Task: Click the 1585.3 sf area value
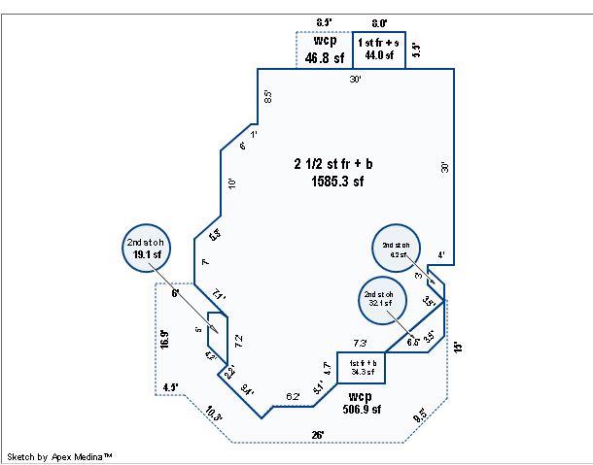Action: pyautogui.click(x=337, y=181)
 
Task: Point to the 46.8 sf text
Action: pyautogui.click(x=325, y=58)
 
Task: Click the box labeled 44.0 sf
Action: pyautogui.click(x=379, y=50)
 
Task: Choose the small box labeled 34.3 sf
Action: pyautogui.click(x=362, y=367)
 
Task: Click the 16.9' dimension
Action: pyautogui.click(x=164, y=339)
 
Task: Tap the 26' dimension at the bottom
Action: pyautogui.click(x=318, y=434)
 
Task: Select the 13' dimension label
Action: pyautogui.click(x=458, y=347)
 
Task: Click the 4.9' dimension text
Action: pyautogui.click(x=171, y=387)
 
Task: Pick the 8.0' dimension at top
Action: pyautogui.click(x=379, y=22)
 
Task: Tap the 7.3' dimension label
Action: pyautogui.click(x=360, y=344)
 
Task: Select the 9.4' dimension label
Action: pyautogui.click(x=248, y=391)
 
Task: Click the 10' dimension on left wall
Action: pyautogui.click(x=231, y=183)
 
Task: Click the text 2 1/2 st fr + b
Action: pyautogui.click(x=337, y=163)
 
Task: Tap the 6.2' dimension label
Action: pyautogui.click(x=293, y=397)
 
